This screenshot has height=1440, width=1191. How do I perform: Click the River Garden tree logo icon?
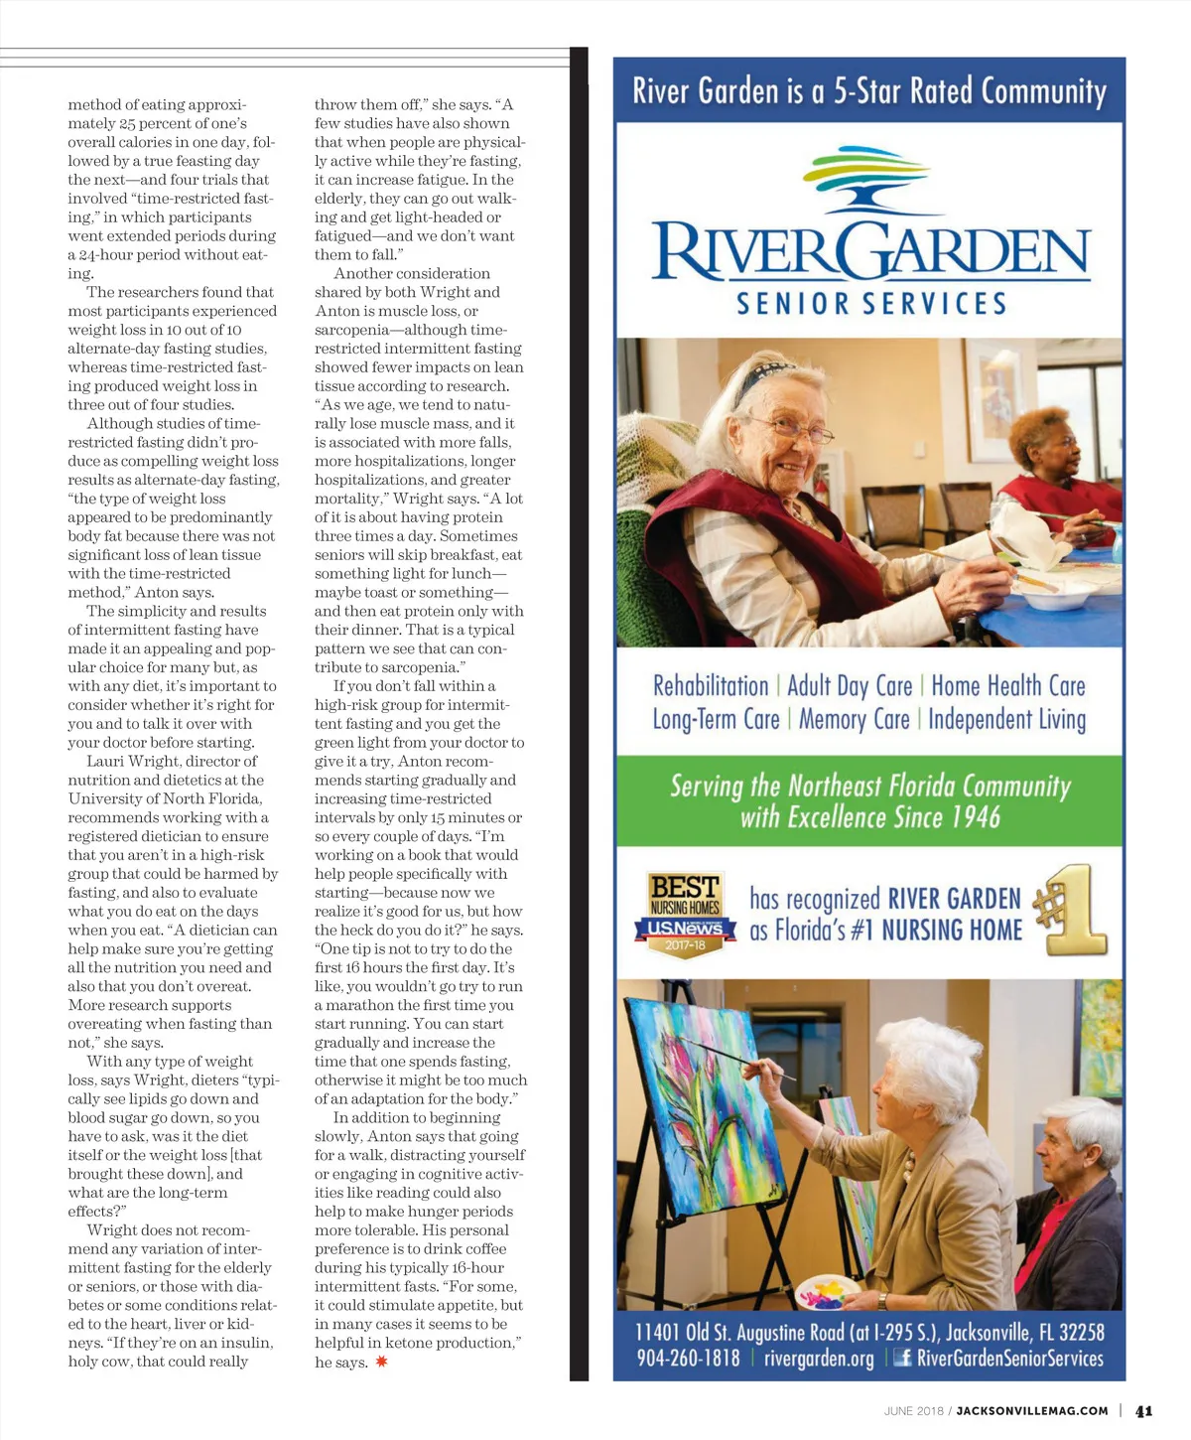(867, 180)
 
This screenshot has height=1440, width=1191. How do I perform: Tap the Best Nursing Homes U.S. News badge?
(685, 913)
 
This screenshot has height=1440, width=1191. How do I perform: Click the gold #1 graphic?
(1072, 912)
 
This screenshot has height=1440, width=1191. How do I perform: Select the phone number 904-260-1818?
(688, 1358)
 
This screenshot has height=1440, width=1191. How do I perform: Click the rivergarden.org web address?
(819, 1358)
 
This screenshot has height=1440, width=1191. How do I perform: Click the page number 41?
(1144, 1410)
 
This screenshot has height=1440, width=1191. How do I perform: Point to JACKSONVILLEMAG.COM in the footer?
(1032, 1410)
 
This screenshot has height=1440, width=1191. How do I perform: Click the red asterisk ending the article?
(381, 1362)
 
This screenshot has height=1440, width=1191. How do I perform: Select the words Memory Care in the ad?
(854, 719)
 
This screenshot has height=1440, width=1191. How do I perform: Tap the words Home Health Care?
(1007, 685)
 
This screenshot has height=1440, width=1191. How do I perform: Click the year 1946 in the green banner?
(971, 817)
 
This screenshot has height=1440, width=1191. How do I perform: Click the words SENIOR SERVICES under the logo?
(870, 304)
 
